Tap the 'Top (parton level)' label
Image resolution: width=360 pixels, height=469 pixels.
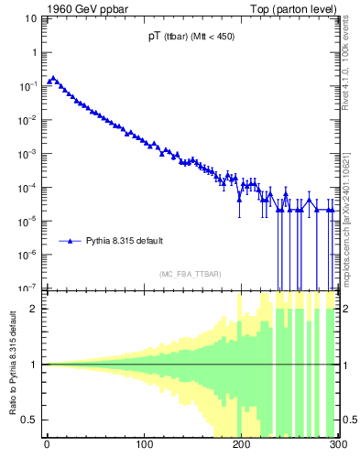point(300,8)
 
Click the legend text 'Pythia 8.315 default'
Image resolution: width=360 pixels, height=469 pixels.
point(125,241)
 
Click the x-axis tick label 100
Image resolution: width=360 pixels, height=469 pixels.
point(144,446)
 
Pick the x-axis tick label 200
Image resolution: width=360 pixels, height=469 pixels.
point(241,446)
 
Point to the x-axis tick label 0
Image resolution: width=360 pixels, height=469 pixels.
point(47,446)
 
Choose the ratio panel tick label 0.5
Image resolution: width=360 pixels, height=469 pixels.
point(32,420)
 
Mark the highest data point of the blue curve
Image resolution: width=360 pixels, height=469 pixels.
point(53,79)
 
